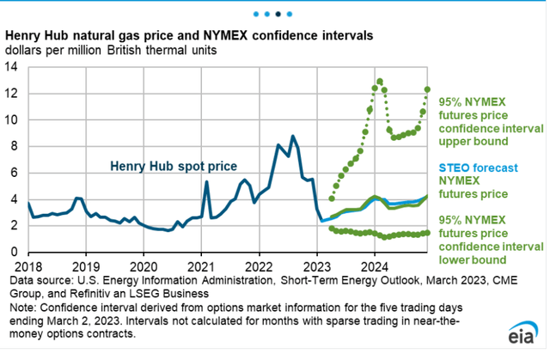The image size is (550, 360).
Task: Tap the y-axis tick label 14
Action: (16, 68)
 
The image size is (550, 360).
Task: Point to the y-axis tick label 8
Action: (19, 147)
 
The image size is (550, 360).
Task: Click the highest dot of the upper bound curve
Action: (379, 82)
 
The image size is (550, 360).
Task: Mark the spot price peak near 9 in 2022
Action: (293, 136)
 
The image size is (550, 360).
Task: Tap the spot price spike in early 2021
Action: (206, 181)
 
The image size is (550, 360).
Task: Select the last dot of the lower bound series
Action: (427, 232)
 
